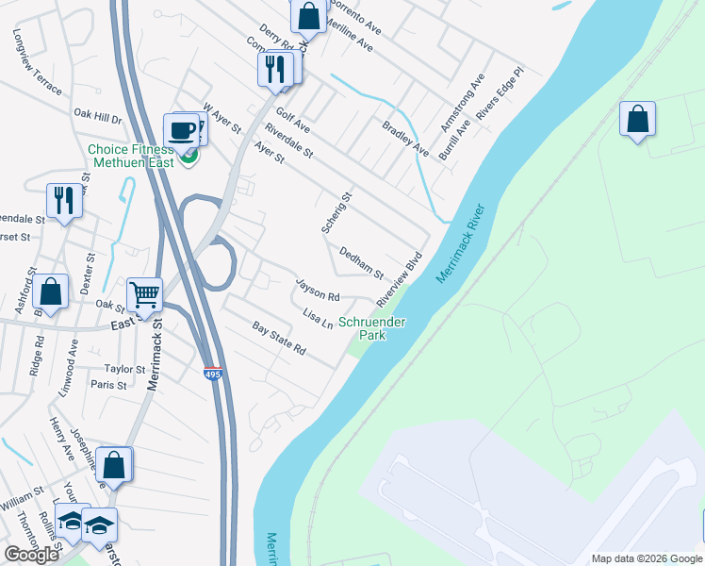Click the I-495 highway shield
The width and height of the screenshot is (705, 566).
[x=213, y=375]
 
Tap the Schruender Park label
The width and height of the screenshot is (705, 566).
[x=372, y=328]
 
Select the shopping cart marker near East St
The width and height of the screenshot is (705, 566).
[x=145, y=294]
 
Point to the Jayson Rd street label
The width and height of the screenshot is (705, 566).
[x=317, y=289]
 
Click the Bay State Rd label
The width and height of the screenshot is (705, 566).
[x=279, y=338]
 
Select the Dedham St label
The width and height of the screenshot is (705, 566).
[x=361, y=263]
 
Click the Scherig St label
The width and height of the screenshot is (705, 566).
[x=336, y=212]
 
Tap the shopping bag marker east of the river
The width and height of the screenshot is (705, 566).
[x=637, y=119]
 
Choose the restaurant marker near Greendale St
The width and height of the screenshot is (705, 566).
[x=64, y=201]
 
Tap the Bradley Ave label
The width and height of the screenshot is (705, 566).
[x=405, y=138]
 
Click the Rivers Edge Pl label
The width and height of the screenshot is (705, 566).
[x=499, y=94]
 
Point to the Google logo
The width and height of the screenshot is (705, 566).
[x=31, y=555]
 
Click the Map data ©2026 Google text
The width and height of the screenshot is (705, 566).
[x=646, y=558]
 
